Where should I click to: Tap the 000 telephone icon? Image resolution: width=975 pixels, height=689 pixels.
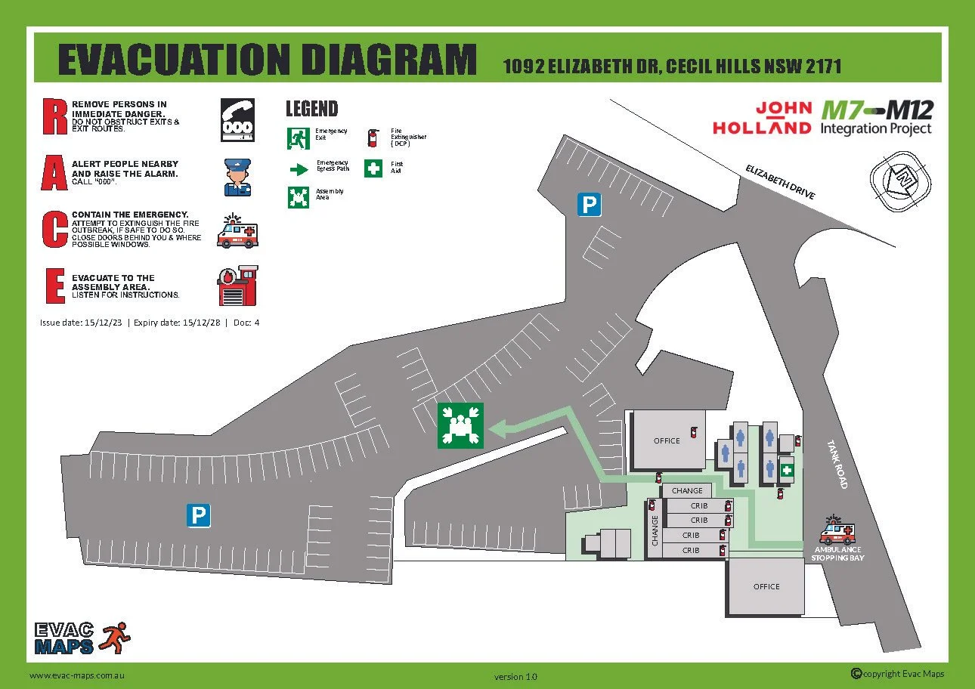[x=237, y=120]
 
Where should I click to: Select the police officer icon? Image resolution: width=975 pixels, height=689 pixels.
[x=237, y=177]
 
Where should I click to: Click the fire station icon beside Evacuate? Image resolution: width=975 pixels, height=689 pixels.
[x=237, y=286]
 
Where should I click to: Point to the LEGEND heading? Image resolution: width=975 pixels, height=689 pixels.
[x=311, y=109]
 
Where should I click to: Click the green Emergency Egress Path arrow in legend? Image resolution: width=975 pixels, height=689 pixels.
[x=299, y=168]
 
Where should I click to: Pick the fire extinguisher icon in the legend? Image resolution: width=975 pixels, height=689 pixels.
[x=371, y=137]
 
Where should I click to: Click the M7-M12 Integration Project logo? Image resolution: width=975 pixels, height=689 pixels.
[x=877, y=119]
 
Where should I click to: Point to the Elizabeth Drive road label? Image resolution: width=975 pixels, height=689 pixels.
[x=780, y=181]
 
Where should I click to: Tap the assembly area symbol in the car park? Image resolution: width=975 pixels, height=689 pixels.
[x=460, y=425]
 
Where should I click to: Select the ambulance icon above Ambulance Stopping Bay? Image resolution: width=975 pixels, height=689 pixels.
[x=837, y=532]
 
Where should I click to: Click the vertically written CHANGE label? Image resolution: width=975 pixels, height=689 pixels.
[x=655, y=530]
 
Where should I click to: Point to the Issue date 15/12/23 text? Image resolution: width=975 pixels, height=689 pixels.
[x=82, y=323]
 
